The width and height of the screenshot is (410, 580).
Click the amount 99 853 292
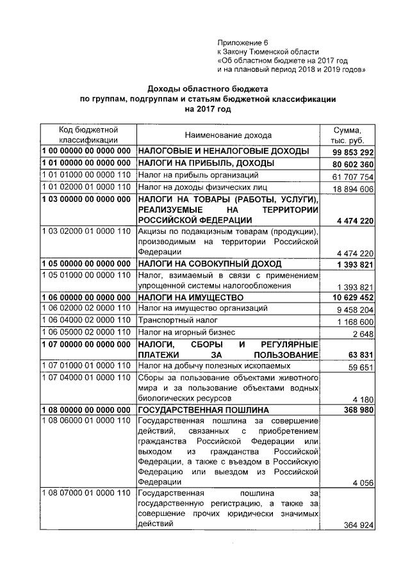coord(353,152)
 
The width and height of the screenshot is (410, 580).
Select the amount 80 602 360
coord(353,164)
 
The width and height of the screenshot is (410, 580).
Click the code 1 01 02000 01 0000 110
coord(87,188)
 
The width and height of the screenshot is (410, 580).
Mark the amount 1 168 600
coord(356,321)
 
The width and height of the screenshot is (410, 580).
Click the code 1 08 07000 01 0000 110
coord(87,493)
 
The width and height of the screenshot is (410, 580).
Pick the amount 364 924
coord(357,526)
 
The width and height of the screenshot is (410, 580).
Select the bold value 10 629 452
coord(353,297)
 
